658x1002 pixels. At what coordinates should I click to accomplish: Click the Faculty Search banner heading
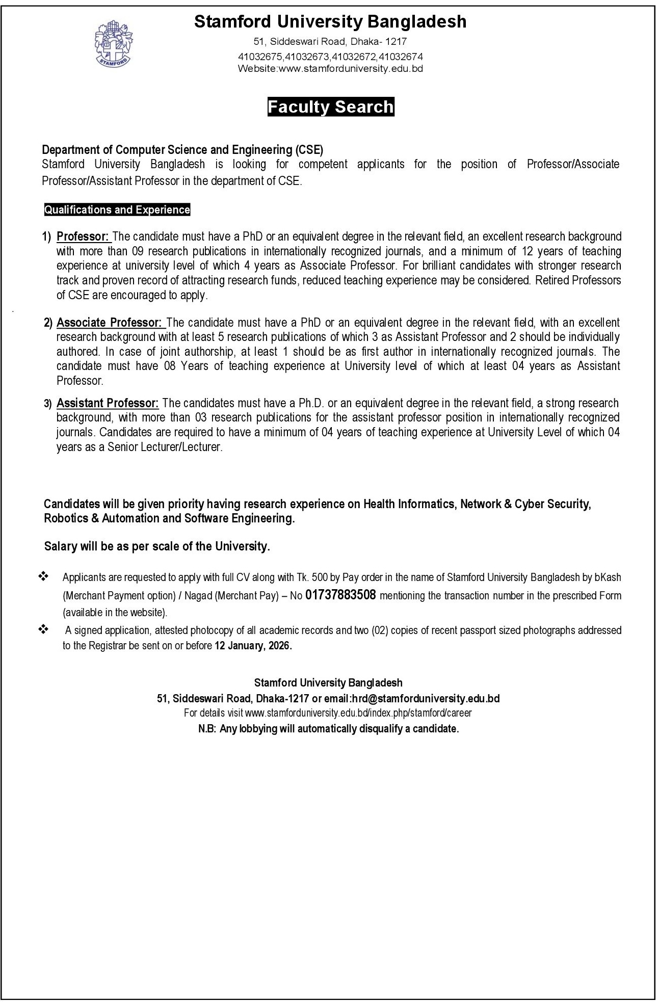[331, 107]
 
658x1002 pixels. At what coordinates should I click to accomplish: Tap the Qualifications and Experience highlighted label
[117, 209]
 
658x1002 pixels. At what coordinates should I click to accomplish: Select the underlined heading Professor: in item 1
[83, 236]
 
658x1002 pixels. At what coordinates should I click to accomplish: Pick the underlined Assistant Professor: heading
[108, 403]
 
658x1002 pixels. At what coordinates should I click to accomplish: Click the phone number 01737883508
[340, 595]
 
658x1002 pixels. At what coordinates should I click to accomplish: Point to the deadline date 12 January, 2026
[253, 645]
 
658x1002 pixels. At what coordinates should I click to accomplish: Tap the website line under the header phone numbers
[330, 68]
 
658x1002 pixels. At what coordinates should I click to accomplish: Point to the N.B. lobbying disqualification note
[329, 729]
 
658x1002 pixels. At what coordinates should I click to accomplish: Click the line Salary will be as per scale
[157, 546]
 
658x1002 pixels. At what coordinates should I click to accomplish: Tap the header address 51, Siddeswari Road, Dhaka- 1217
[330, 42]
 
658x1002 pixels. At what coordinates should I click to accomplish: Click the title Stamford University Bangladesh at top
[330, 21]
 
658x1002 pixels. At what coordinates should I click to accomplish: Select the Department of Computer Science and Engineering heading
[182, 150]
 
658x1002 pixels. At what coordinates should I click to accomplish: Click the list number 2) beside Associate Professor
[48, 323]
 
